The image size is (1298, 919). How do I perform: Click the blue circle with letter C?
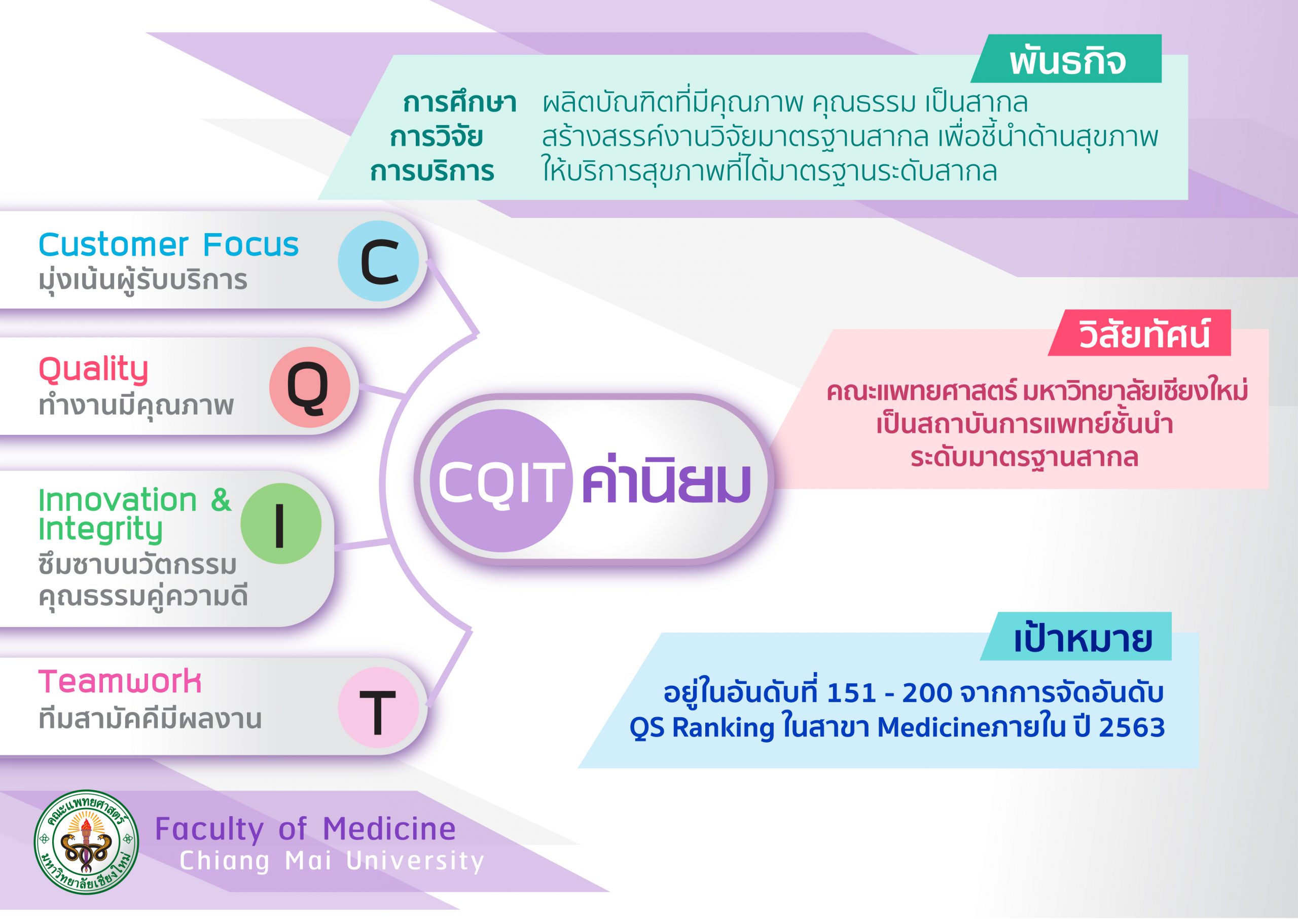[x=378, y=261]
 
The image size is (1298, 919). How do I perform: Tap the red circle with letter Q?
[x=309, y=387]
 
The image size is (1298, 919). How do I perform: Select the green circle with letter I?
[x=281, y=524]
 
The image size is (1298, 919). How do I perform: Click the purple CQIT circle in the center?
[x=501, y=481]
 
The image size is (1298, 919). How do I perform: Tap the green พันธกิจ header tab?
[x=1066, y=59]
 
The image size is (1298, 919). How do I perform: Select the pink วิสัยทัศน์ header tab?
[x=1140, y=333]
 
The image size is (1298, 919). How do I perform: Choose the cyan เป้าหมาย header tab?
[x=1076, y=636]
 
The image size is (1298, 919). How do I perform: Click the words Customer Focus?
[x=169, y=245]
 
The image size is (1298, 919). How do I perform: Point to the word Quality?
[x=93, y=371]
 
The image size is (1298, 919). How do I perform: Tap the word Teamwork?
[x=120, y=681]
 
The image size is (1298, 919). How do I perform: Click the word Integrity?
[x=101, y=530]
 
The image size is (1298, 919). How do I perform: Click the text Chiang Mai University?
[x=332, y=861]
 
